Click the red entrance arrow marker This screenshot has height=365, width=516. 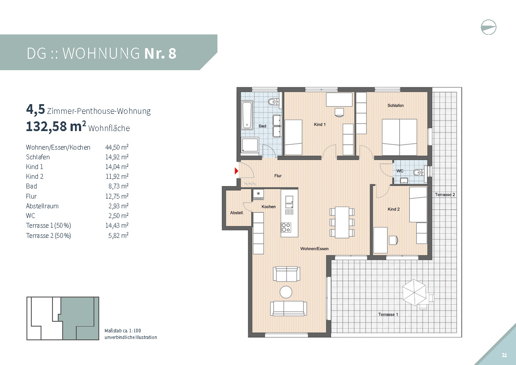pyautogui.click(x=236, y=171)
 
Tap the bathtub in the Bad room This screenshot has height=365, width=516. pyautogui.click(x=247, y=115)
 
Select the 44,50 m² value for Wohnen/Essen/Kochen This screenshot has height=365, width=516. pyautogui.click(x=117, y=147)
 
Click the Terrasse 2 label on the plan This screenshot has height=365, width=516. pyautogui.click(x=445, y=195)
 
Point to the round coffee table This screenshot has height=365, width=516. pyautogui.click(x=286, y=292)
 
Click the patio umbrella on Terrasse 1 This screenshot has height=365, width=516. pyautogui.click(x=414, y=292)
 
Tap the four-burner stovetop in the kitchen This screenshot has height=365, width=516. pyautogui.click(x=286, y=227)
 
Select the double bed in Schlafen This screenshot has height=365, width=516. pyautogui.click(x=400, y=137)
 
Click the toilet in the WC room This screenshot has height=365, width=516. pyautogui.click(x=419, y=172)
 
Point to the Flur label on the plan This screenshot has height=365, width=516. pyautogui.click(x=278, y=176)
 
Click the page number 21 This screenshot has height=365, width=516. pyautogui.click(x=504, y=355)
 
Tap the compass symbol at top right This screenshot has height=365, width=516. pyautogui.click(x=488, y=27)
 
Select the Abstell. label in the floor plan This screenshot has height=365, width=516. pyautogui.click(x=237, y=213)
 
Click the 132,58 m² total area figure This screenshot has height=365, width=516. pyautogui.click(x=56, y=126)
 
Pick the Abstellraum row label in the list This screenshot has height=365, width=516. pyautogui.click(x=42, y=206)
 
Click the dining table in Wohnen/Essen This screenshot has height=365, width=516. pyautogui.click(x=342, y=222)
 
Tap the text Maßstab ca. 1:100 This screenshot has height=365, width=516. pyautogui.click(x=123, y=331)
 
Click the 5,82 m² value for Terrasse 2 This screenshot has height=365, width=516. pyautogui.click(x=118, y=236)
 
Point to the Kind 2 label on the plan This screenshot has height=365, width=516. pyautogui.click(x=393, y=209)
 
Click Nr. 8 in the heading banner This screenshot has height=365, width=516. pyautogui.click(x=160, y=53)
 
